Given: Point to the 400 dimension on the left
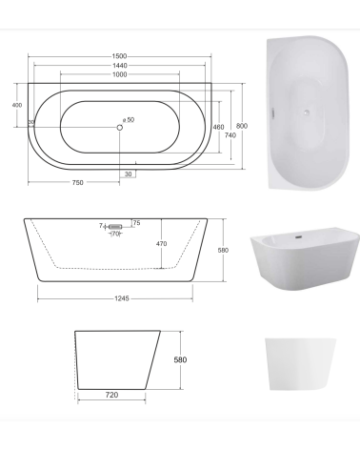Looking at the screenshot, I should pos(16,105).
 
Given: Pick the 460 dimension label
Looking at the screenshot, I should pos(218,127).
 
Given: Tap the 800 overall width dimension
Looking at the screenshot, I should pos(242,126).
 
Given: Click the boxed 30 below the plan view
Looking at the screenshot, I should pos(128,174).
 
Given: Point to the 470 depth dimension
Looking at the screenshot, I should pos(161,244).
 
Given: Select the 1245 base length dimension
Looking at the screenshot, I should pos(122,297).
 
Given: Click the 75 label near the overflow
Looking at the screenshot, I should pos(136,223).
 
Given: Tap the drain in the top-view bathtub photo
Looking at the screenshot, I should pos(308,112).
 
